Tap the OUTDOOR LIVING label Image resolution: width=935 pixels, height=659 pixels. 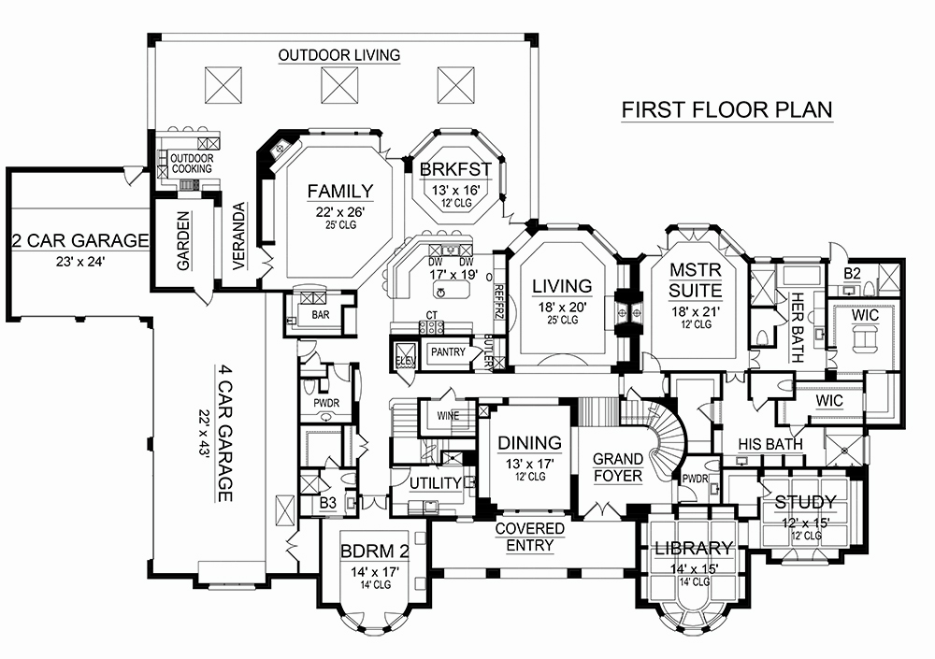pyautogui.click(x=338, y=55)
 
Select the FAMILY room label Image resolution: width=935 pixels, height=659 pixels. pyautogui.click(x=339, y=191)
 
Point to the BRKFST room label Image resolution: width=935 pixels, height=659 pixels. pyautogui.click(x=456, y=169)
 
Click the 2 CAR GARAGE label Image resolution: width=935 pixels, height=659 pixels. pyautogui.click(x=79, y=241)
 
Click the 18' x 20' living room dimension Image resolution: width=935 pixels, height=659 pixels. pyautogui.click(x=562, y=306)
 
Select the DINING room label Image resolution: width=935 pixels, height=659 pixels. pyautogui.click(x=529, y=443)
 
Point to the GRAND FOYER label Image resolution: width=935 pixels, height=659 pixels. pyautogui.click(x=619, y=467)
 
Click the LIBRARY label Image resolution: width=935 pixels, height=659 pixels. pyautogui.click(x=693, y=548)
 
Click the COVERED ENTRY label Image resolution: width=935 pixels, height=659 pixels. pyautogui.click(x=529, y=537)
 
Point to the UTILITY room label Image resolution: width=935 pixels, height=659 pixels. pyautogui.click(x=436, y=482)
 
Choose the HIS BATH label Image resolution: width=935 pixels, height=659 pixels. pyautogui.click(x=770, y=444)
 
